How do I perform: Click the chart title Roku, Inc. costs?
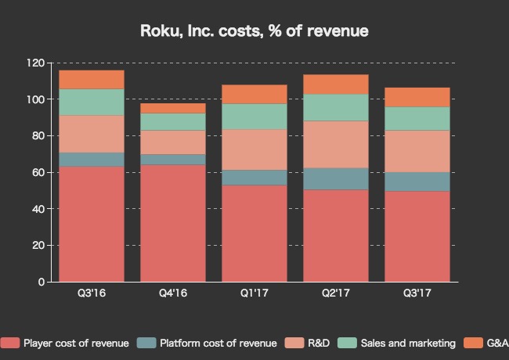[254, 31]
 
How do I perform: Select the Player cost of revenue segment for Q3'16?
[92, 224]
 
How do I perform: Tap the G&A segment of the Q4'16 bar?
[173, 108]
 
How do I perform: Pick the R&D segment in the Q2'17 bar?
[336, 145]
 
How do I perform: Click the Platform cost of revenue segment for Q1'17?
[254, 178]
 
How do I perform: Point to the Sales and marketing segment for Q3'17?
[417, 118]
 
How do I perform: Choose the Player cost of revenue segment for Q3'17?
[417, 236]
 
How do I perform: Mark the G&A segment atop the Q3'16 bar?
[92, 80]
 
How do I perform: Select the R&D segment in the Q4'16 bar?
[173, 142]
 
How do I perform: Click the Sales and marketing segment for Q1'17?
[254, 117]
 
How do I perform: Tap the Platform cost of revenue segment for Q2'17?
[336, 179]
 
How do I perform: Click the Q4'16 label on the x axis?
[173, 294]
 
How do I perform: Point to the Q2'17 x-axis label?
[336, 294]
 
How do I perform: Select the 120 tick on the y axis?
[34, 63]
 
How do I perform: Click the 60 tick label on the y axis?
[38, 172]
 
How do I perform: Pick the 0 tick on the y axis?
[41, 282]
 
